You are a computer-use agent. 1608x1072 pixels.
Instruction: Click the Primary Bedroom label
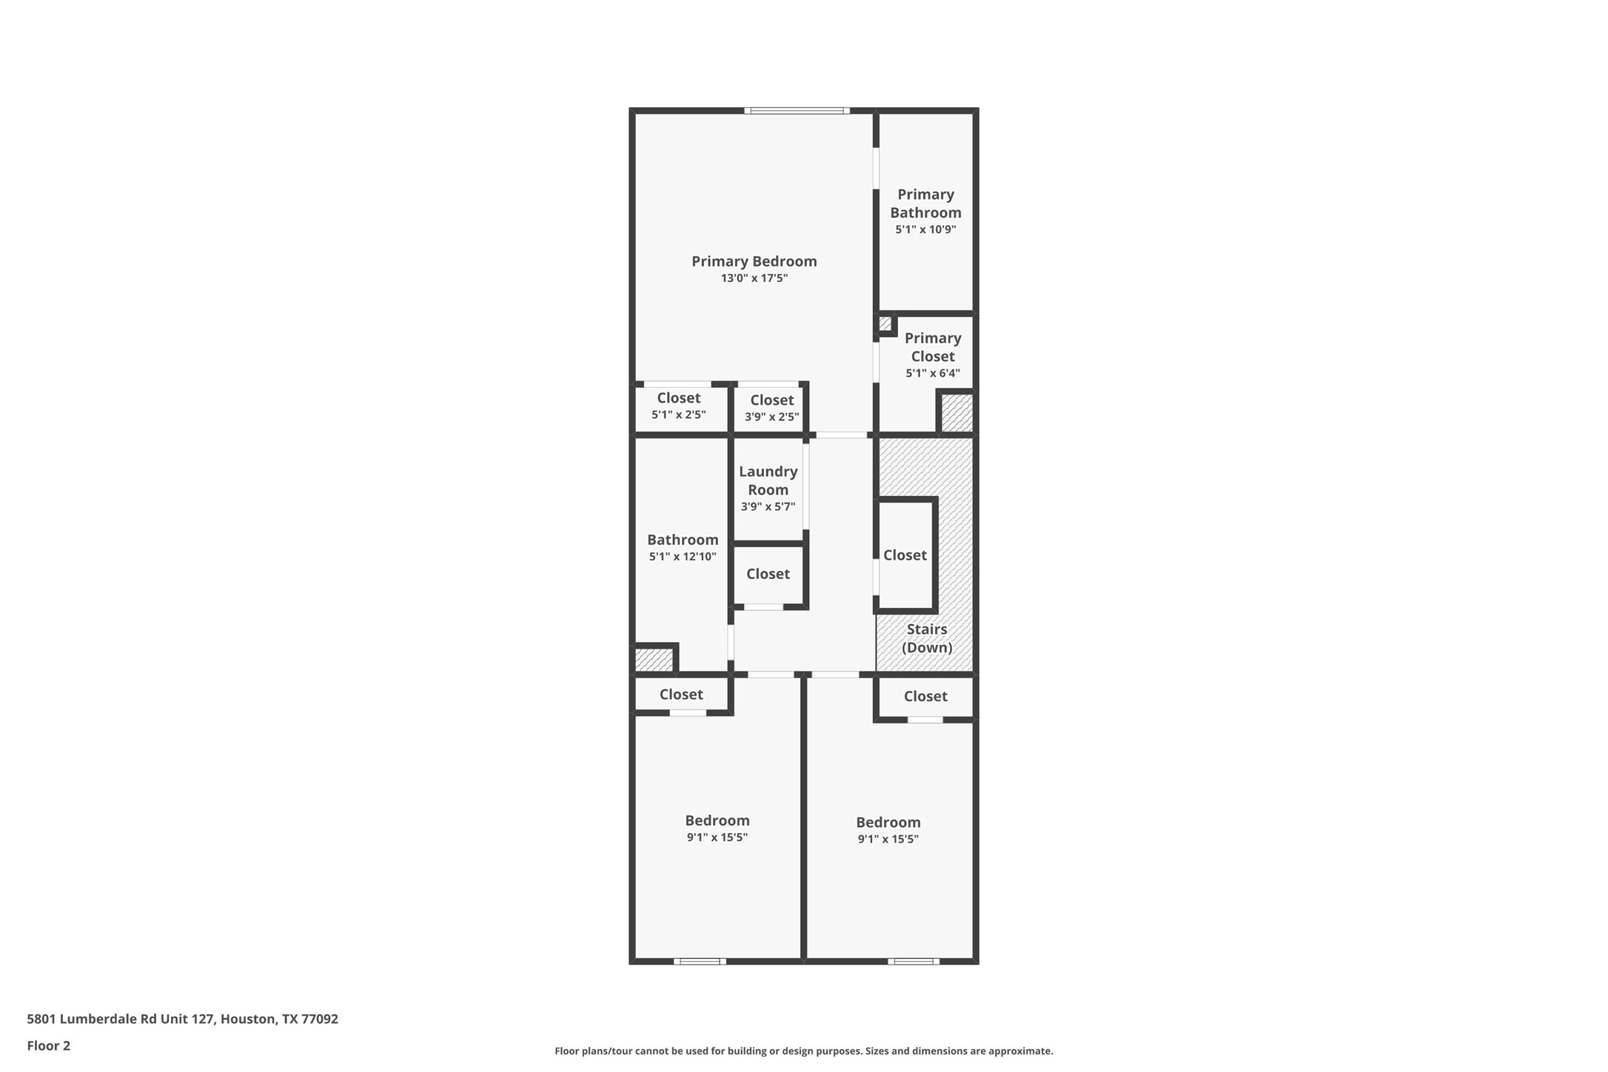click(x=754, y=261)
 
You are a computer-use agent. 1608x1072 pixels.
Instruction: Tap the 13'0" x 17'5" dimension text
click(x=754, y=278)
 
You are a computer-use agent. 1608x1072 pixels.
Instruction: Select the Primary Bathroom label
click(x=925, y=204)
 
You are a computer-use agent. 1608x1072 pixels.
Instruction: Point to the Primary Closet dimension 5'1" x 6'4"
click(x=932, y=373)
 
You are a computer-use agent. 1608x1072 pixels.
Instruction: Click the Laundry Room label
click(x=768, y=480)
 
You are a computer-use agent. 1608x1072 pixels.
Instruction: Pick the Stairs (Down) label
click(x=926, y=638)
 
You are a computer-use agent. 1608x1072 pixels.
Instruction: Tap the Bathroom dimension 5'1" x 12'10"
click(x=682, y=557)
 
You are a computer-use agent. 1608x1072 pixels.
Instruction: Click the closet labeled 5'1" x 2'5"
click(x=678, y=406)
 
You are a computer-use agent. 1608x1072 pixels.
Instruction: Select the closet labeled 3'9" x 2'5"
click(x=771, y=408)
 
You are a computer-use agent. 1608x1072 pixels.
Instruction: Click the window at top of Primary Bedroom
click(x=797, y=111)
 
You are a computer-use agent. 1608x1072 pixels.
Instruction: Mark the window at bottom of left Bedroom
click(x=700, y=961)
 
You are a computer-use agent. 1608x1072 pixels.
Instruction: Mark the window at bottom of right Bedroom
click(x=914, y=961)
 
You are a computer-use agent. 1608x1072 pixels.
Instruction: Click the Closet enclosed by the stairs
click(x=905, y=555)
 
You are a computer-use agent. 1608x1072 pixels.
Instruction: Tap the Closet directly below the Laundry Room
click(x=768, y=574)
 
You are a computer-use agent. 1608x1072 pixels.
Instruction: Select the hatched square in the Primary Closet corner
click(x=956, y=413)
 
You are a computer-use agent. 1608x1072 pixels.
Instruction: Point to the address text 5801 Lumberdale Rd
click(x=182, y=1019)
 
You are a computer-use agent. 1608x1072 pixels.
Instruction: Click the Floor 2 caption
click(x=49, y=1045)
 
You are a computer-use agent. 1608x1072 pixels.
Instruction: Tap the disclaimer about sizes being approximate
click(x=803, y=1051)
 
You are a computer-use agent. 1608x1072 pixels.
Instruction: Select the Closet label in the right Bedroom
click(x=925, y=696)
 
